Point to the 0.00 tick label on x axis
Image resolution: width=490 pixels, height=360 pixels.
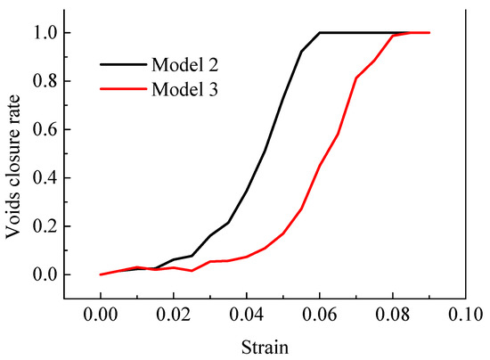101,315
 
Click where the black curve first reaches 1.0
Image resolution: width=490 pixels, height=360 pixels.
320,33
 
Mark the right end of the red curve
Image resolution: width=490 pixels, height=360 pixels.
429,33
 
